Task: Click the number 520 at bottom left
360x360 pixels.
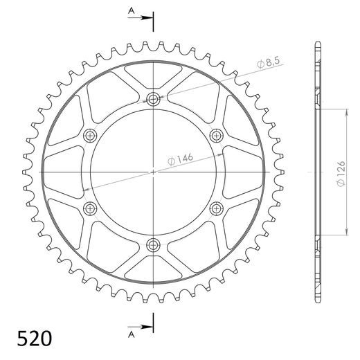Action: click(x=33, y=339)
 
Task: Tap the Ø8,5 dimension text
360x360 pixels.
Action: click(x=268, y=64)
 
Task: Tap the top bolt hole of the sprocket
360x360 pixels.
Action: click(x=153, y=99)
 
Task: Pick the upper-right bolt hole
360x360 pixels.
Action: click(x=216, y=135)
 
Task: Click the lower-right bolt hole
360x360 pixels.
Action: click(x=216, y=207)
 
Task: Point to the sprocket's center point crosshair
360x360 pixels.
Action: click(x=153, y=171)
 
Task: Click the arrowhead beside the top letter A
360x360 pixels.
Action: click(x=146, y=19)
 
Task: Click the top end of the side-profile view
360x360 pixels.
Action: click(x=318, y=42)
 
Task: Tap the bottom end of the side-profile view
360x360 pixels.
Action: click(x=318, y=301)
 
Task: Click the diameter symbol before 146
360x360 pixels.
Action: click(x=170, y=164)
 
